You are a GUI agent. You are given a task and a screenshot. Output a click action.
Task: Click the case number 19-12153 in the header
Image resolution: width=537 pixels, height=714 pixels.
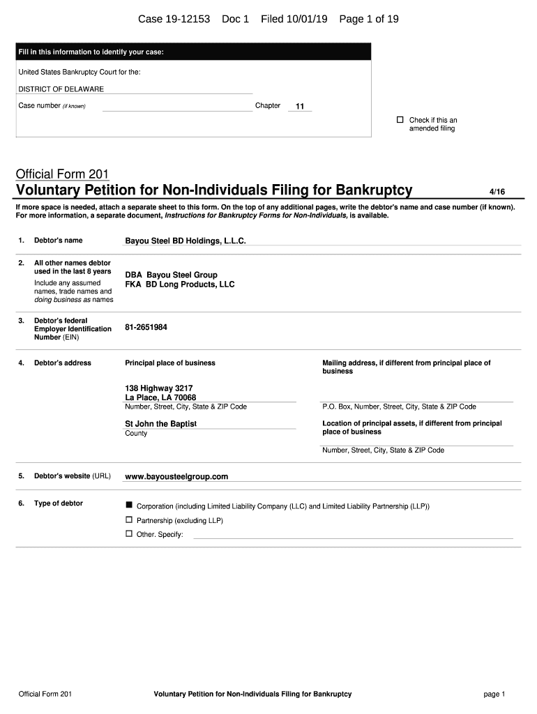point(184,19)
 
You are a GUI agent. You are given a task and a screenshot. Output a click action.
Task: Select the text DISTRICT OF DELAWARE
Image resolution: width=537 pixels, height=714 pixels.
point(61,89)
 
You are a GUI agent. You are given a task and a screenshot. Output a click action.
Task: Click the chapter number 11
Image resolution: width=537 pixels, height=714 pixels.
point(300,107)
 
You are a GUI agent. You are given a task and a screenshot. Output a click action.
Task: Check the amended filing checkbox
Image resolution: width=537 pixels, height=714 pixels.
point(400,120)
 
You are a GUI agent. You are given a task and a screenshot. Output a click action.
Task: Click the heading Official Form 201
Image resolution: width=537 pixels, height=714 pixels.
point(62,174)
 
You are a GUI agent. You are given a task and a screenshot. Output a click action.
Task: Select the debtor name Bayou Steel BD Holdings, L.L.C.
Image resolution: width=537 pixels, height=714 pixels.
point(186,241)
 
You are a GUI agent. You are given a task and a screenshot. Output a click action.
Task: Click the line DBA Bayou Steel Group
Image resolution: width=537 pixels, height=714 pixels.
point(171,275)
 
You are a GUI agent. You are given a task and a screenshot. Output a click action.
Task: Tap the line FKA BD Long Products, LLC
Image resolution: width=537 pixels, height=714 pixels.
point(180,284)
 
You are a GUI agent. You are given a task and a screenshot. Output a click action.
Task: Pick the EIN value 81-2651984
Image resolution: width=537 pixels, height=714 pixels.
point(146,327)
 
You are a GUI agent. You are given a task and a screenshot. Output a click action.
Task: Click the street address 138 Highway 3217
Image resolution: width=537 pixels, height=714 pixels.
point(159,388)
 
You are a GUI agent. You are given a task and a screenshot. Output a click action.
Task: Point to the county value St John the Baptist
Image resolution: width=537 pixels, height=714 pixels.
point(160,424)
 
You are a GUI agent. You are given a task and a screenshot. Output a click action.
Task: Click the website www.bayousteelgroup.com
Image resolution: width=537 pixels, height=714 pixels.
point(176,477)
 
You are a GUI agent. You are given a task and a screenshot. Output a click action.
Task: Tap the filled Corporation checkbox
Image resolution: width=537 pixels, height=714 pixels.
point(128,504)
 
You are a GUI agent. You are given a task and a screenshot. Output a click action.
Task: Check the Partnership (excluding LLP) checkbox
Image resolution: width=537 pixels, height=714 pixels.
point(128,519)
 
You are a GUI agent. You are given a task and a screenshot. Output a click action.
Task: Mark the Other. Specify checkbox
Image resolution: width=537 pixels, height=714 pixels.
point(128,533)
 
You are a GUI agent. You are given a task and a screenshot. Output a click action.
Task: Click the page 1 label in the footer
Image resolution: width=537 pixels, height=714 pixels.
point(494,694)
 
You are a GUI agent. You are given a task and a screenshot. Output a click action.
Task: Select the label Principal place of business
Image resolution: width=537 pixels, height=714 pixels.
point(170,363)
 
